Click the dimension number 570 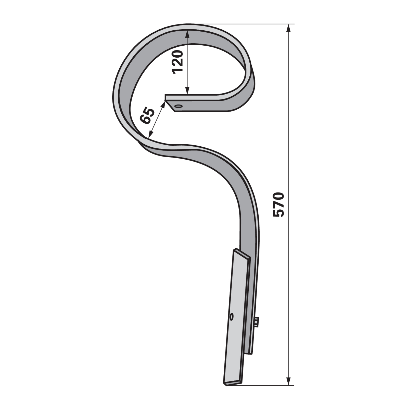point(278,205)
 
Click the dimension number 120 point(177,62)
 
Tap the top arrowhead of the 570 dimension point(288,28)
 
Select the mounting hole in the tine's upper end point(179,106)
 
